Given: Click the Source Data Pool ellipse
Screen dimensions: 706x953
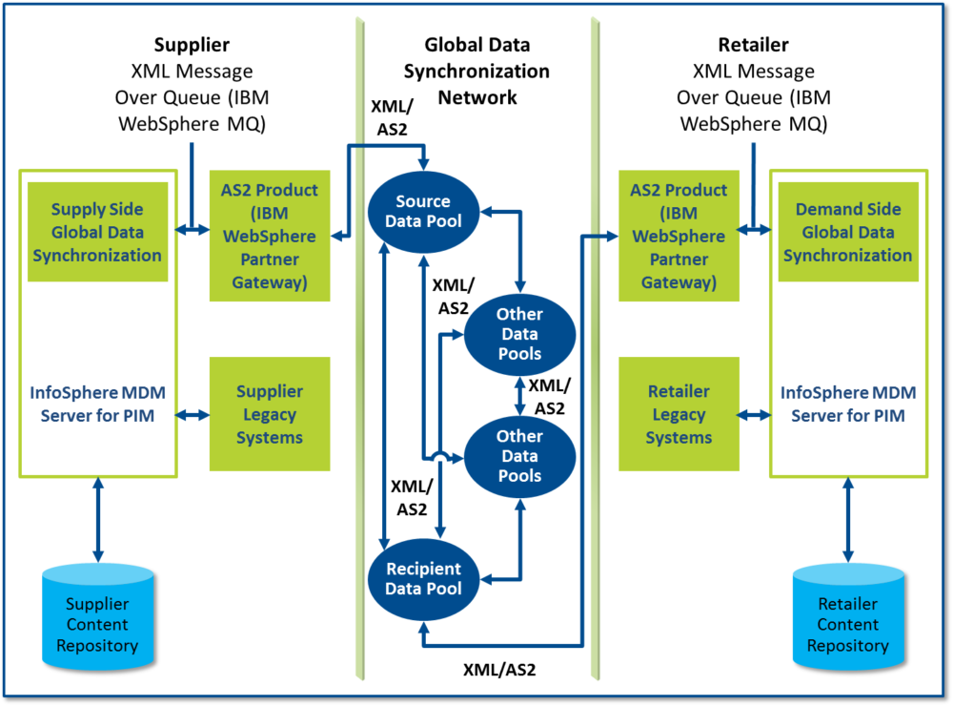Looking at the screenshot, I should [x=423, y=212].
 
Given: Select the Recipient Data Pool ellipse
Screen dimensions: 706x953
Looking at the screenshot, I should [x=423, y=578].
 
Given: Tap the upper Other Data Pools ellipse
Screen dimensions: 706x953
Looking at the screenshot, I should [x=518, y=333].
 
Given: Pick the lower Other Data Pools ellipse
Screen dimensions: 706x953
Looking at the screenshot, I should [x=518, y=456].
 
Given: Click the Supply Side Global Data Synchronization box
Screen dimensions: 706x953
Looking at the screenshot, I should [x=93, y=232].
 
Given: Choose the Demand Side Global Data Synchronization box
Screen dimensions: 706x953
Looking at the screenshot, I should [x=847, y=232].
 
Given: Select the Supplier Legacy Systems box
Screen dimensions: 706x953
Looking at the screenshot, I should [x=269, y=414].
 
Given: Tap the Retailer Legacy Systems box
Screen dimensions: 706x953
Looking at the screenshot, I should [x=679, y=414].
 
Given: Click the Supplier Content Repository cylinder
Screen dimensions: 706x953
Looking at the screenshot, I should [x=96, y=614].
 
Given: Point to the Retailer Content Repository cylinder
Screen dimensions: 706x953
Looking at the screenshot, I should [x=847, y=614].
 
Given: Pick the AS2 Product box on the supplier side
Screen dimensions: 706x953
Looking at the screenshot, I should [x=269, y=235].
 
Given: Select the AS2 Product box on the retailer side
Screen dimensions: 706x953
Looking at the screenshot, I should [x=679, y=235].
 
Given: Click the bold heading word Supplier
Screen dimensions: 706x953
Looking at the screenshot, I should [x=192, y=45].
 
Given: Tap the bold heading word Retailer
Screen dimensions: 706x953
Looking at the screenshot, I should [x=753, y=45].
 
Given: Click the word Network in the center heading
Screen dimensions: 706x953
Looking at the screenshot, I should [x=476, y=96].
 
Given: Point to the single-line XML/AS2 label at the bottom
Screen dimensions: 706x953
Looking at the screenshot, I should [x=499, y=669].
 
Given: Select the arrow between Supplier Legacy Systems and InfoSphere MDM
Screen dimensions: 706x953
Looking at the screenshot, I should [x=193, y=414].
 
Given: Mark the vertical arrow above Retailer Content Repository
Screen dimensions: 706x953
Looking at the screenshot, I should [x=847, y=521].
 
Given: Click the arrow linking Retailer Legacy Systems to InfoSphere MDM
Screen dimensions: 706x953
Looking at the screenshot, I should [x=754, y=414].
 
